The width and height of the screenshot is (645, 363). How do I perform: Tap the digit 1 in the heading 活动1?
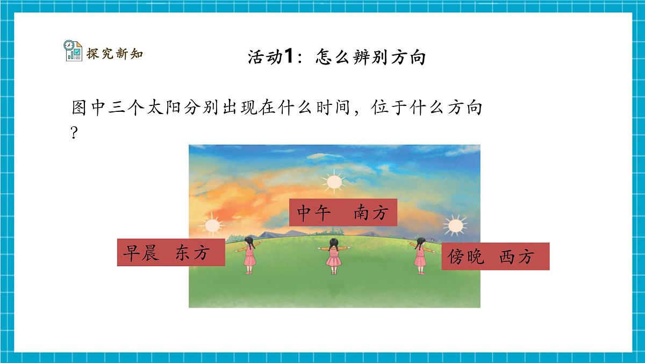point(289,56)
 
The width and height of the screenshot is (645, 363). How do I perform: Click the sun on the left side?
point(211,224)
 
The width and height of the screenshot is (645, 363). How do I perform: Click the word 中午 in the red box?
point(312,213)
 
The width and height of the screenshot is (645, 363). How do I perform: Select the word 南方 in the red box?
point(370,213)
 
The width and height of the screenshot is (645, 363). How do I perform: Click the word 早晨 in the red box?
point(140,253)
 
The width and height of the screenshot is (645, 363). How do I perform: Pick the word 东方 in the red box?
point(191,253)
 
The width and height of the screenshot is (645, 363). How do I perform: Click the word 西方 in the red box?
point(516,257)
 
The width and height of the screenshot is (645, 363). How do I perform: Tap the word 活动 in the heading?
point(265,56)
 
